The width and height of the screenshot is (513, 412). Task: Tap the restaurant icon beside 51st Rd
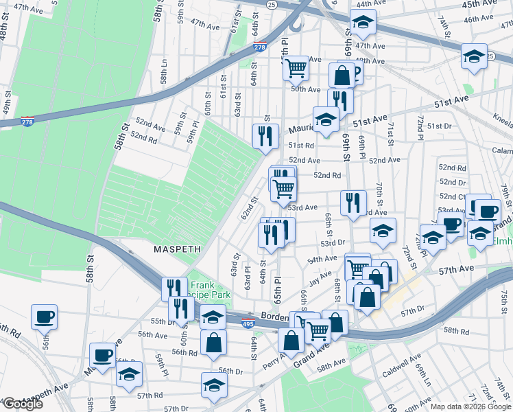point(265,135)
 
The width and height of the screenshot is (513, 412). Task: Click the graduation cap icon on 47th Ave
point(361,23)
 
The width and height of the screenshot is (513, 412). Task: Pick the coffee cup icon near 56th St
point(45,317)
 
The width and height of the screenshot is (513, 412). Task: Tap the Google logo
point(23,404)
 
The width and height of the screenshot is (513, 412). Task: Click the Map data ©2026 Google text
point(470,406)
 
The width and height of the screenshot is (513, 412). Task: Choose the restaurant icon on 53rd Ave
point(353,203)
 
